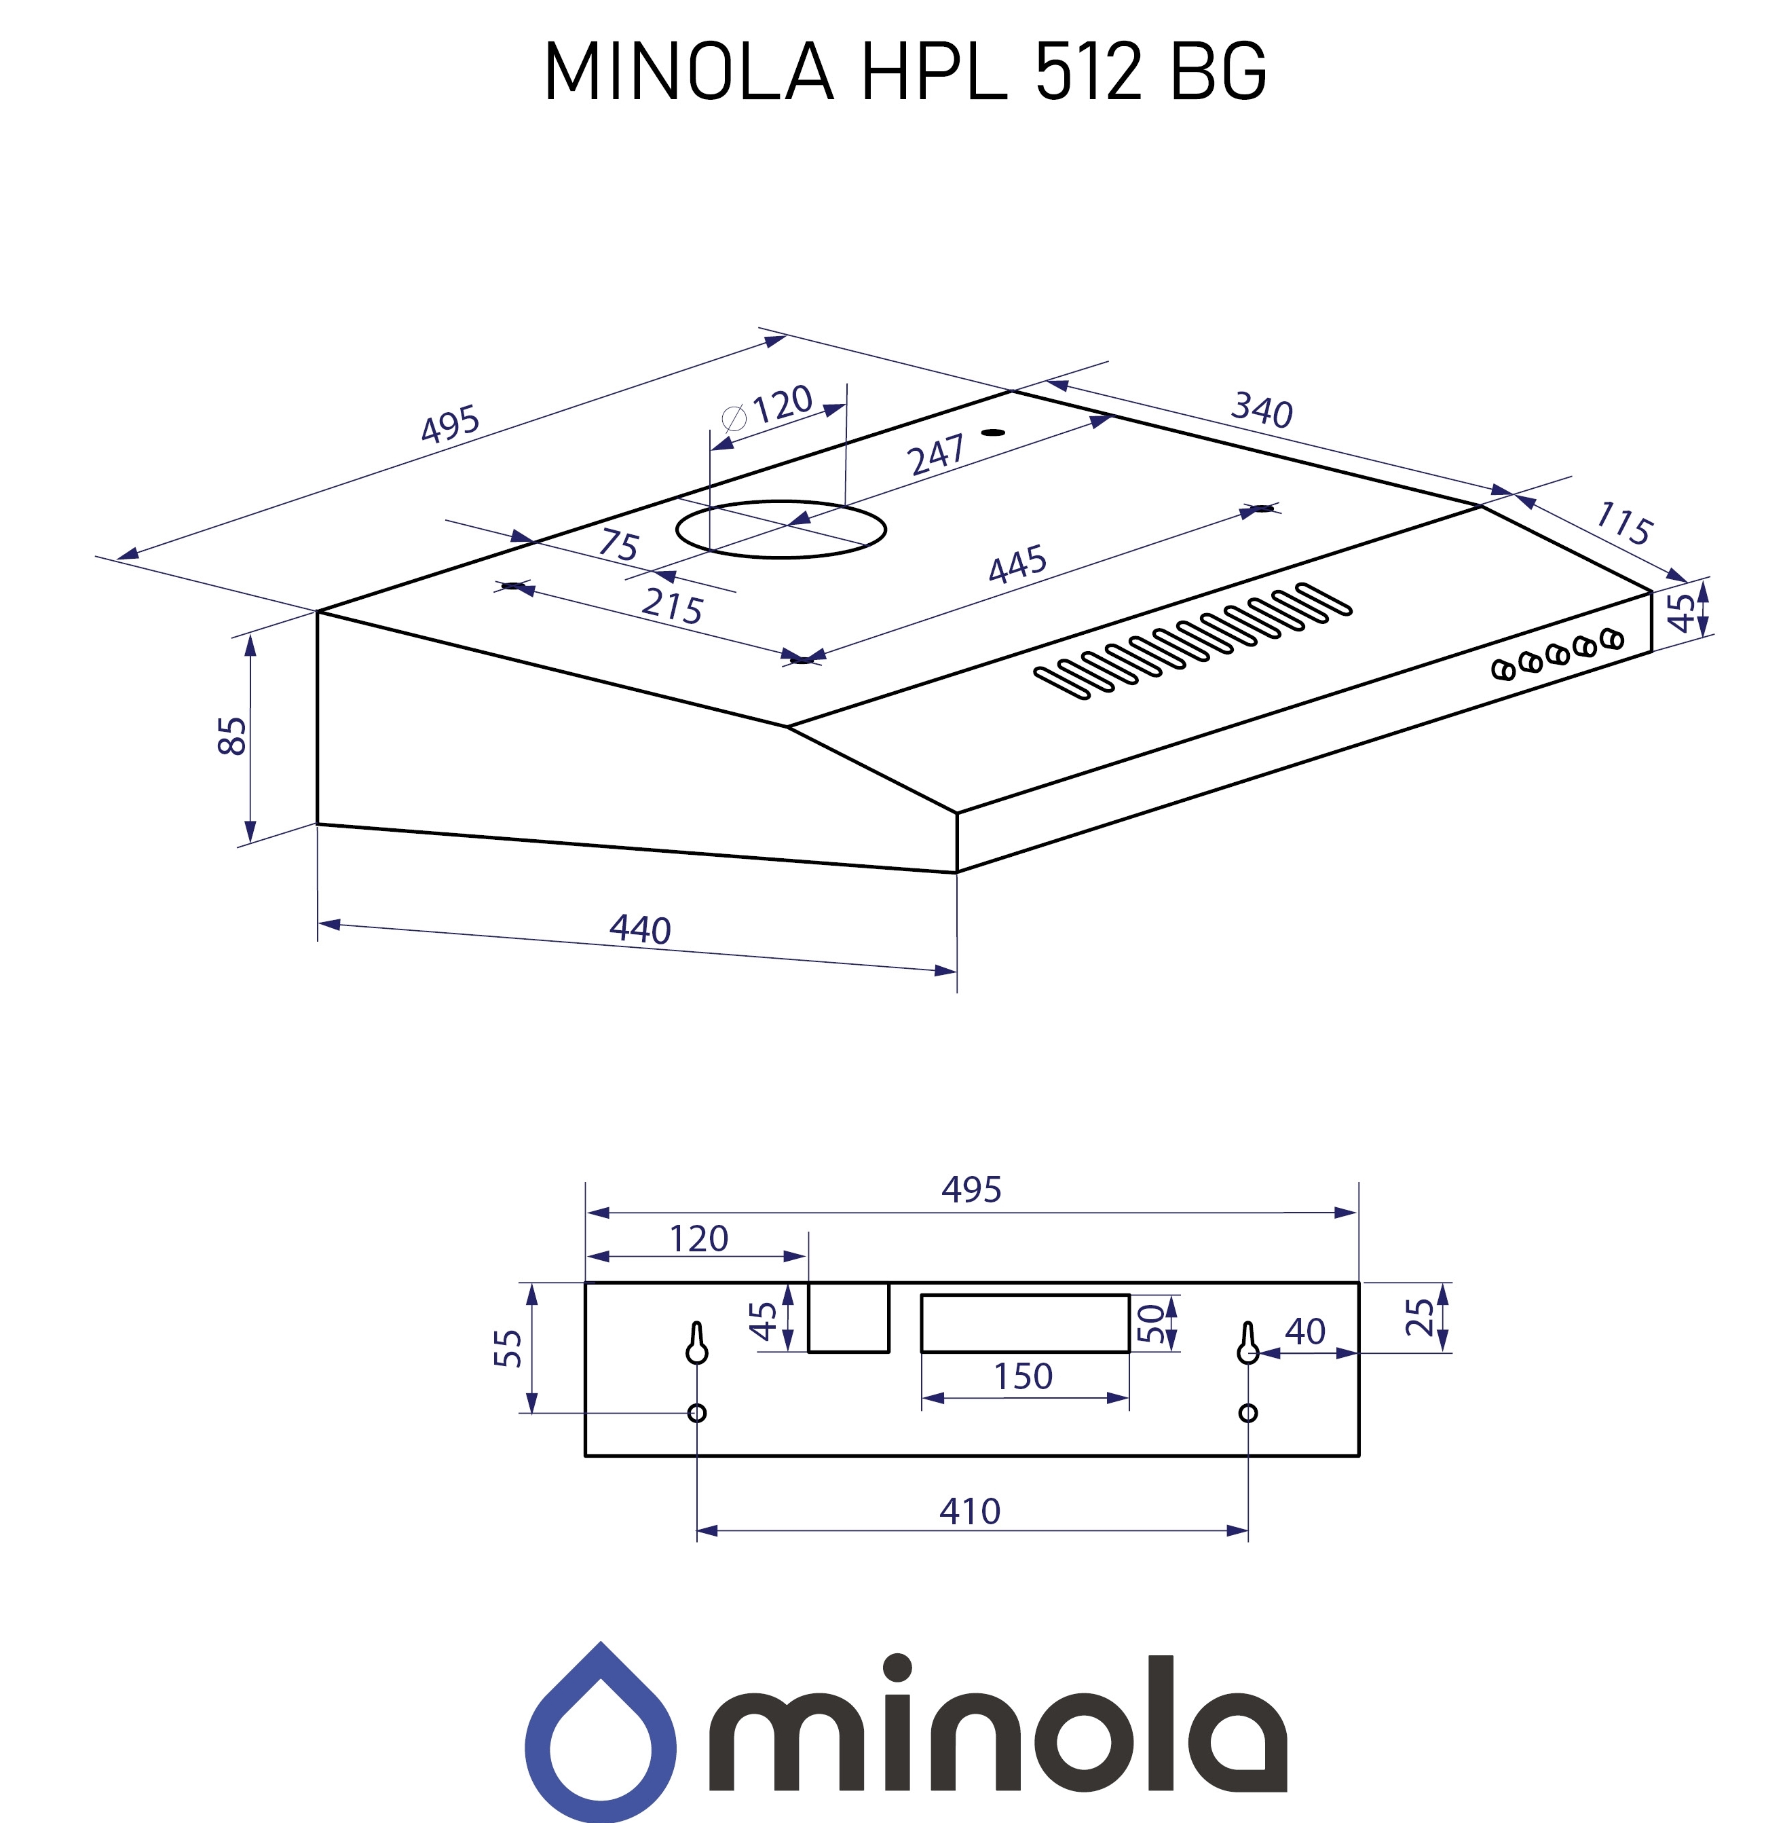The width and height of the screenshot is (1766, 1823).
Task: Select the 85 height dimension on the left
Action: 233,736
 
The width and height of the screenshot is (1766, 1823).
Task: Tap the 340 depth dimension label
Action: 1261,410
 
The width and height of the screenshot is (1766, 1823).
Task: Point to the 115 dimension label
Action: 1623,523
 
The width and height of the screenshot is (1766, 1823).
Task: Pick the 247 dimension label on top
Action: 935,456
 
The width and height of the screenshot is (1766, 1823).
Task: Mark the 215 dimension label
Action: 671,606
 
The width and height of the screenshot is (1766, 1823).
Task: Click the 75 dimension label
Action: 618,544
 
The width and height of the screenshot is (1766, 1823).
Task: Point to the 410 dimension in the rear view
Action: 969,1511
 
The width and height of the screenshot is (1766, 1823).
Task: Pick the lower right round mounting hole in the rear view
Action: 1248,1413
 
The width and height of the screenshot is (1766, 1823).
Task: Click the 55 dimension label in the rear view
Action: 508,1348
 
